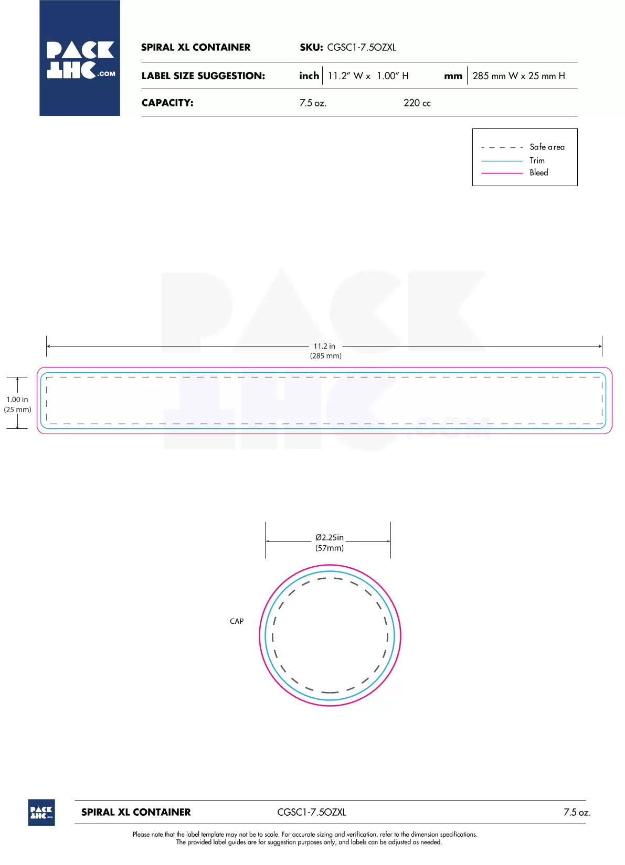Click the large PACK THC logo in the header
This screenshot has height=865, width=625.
80,58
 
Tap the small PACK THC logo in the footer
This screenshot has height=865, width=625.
41,813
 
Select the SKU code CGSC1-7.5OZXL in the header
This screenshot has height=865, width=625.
362,48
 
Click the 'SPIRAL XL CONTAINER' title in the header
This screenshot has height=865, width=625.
196,48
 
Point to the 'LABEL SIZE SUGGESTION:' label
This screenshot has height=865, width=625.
203,75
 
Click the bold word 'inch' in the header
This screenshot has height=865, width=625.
309,75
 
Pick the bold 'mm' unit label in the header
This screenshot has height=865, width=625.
453,77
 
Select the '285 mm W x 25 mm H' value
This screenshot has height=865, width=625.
518,76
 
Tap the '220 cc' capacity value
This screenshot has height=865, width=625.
417,103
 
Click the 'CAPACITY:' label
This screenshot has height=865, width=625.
167,103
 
